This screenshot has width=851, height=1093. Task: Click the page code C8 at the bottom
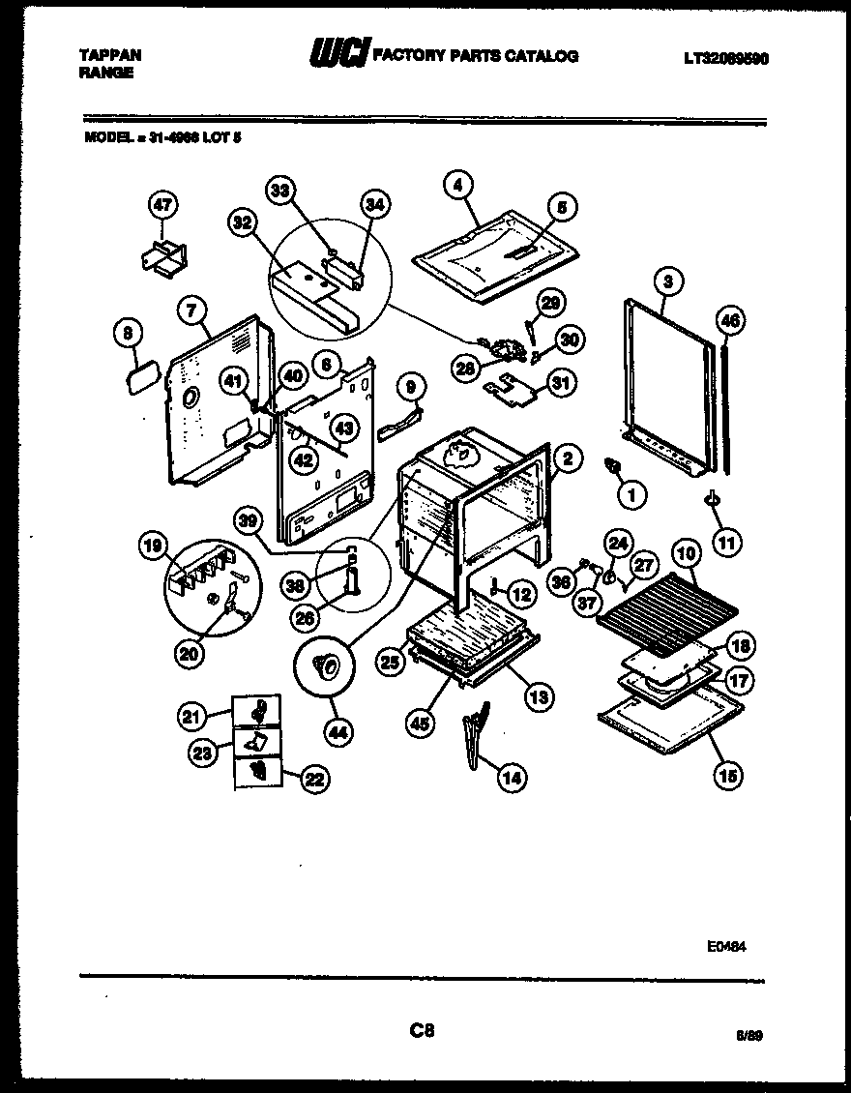pyautogui.click(x=422, y=1031)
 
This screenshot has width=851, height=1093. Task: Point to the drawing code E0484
pyautogui.click(x=726, y=947)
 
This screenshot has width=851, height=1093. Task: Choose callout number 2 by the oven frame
pyautogui.click(x=569, y=459)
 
